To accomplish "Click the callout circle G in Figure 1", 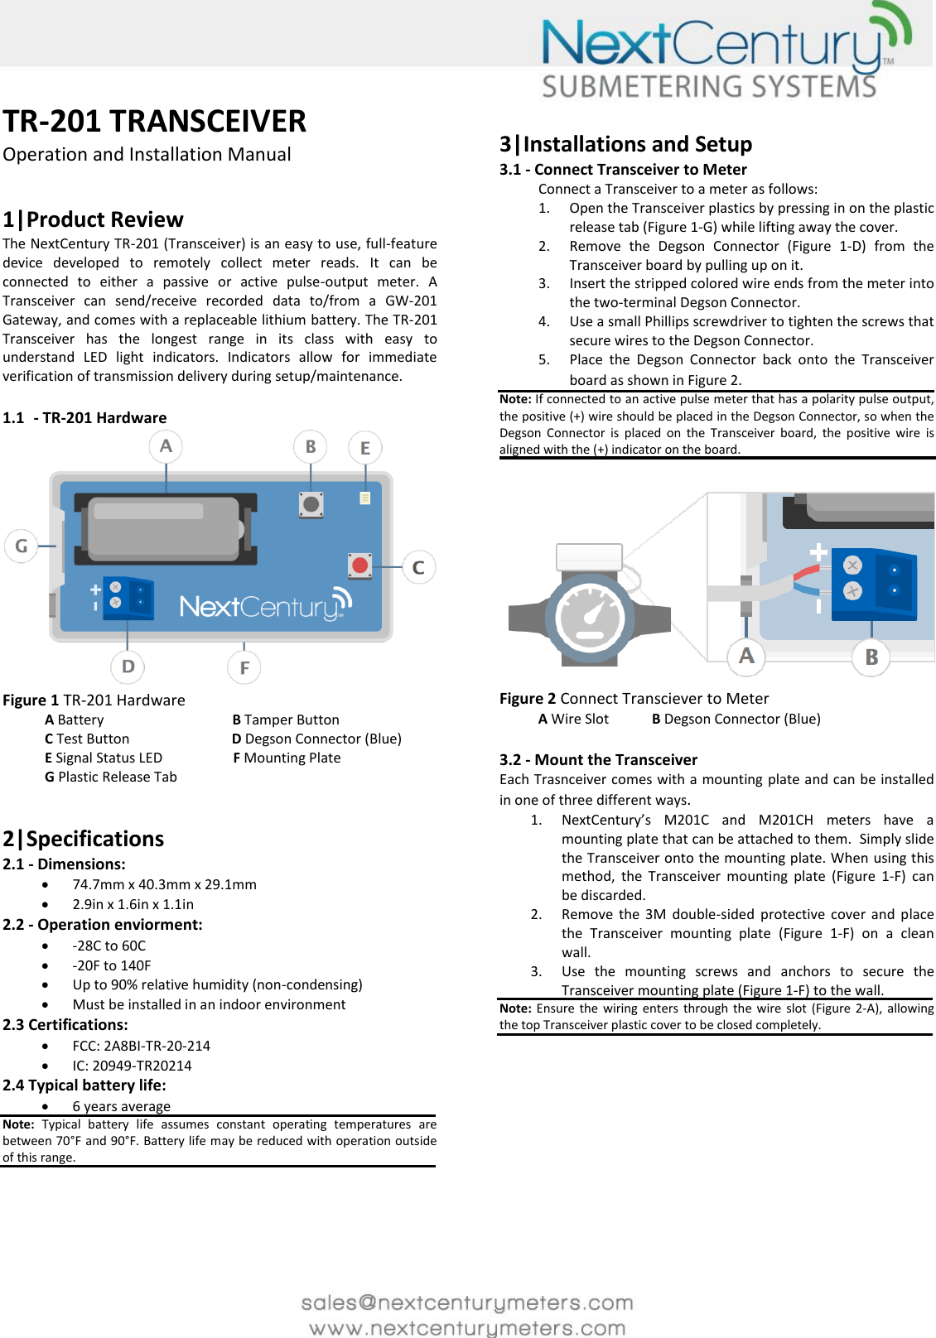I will [22, 546].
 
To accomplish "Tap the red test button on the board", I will [359, 566].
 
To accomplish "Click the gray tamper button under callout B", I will [311, 503].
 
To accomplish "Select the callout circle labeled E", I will [365, 448].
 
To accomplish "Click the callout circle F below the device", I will [244, 667].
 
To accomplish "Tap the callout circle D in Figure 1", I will [128, 667].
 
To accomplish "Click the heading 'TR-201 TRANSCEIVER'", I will [154, 122].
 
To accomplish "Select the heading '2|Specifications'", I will [84, 839].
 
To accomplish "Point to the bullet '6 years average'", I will [121, 1106].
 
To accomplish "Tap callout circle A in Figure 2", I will [746, 656].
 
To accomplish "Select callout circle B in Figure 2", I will [871, 657].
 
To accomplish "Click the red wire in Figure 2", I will [806, 573].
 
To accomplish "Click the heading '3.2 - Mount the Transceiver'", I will [598, 759].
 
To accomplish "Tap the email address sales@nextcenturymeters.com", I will [467, 1302].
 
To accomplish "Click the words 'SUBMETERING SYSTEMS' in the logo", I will [709, 87].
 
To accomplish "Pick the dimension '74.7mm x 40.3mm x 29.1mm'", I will [164, 884].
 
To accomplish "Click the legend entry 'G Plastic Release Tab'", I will [111, 777].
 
